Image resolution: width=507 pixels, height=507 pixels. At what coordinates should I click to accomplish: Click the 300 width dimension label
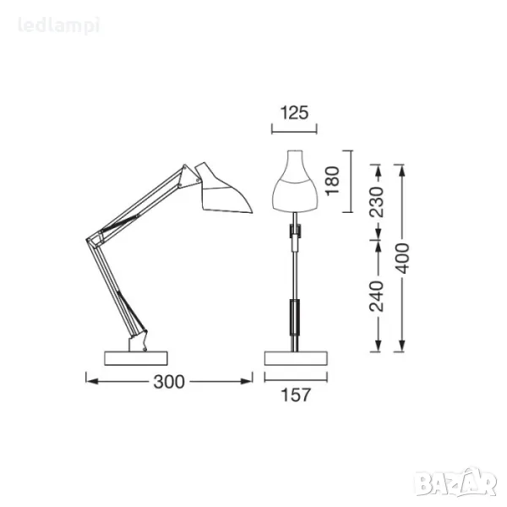(169, 382)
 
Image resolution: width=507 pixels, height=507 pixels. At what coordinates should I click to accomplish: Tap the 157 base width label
(296, 395)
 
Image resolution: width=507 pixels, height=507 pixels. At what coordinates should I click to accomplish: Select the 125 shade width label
(294, 113)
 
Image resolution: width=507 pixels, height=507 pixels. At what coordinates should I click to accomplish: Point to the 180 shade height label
(332, 181)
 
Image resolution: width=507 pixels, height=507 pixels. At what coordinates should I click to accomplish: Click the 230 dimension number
(376, 201)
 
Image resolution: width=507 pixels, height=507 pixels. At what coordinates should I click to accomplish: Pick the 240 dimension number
(376, 297)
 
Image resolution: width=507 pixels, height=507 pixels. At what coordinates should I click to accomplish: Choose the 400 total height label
(402, 259)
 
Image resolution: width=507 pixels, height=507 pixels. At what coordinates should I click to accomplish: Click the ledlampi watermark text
(58, 26)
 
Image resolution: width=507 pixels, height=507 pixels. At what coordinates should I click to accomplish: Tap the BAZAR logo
(456, 481)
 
